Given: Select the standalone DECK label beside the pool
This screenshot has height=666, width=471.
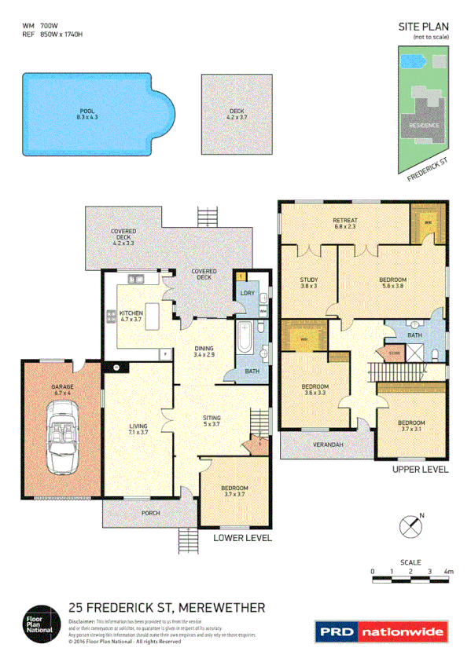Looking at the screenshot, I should point(237,112).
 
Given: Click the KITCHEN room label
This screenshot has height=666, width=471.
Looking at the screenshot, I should point(131,313).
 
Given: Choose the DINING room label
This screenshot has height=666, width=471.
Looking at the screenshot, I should point(208,350).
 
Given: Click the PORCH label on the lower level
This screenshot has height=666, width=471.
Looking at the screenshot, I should point(149,513).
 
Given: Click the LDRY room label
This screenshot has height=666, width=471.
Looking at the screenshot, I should point(245,294).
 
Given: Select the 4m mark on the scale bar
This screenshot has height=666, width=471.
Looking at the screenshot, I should point(449,571).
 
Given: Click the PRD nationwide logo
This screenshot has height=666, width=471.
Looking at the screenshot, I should point(381,631).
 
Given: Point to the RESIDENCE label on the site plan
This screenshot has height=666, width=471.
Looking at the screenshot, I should point(425,125).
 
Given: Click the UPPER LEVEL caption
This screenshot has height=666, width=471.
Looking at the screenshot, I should point(420,470).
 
